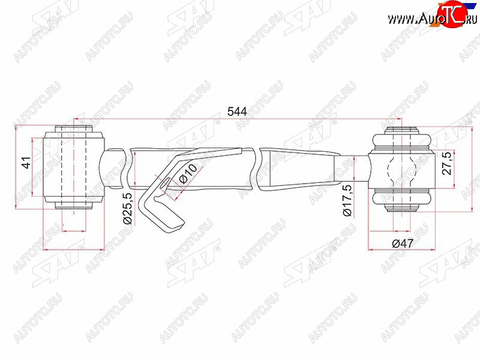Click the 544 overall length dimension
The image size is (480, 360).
[237, 112]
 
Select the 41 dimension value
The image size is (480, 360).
[27, 163]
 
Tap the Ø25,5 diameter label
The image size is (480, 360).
[127, 208]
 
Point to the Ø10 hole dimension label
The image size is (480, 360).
[188, 173]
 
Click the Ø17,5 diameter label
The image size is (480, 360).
[347, 200]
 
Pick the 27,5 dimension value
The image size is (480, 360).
[446, 163]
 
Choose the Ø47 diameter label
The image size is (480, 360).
[403, 244]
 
